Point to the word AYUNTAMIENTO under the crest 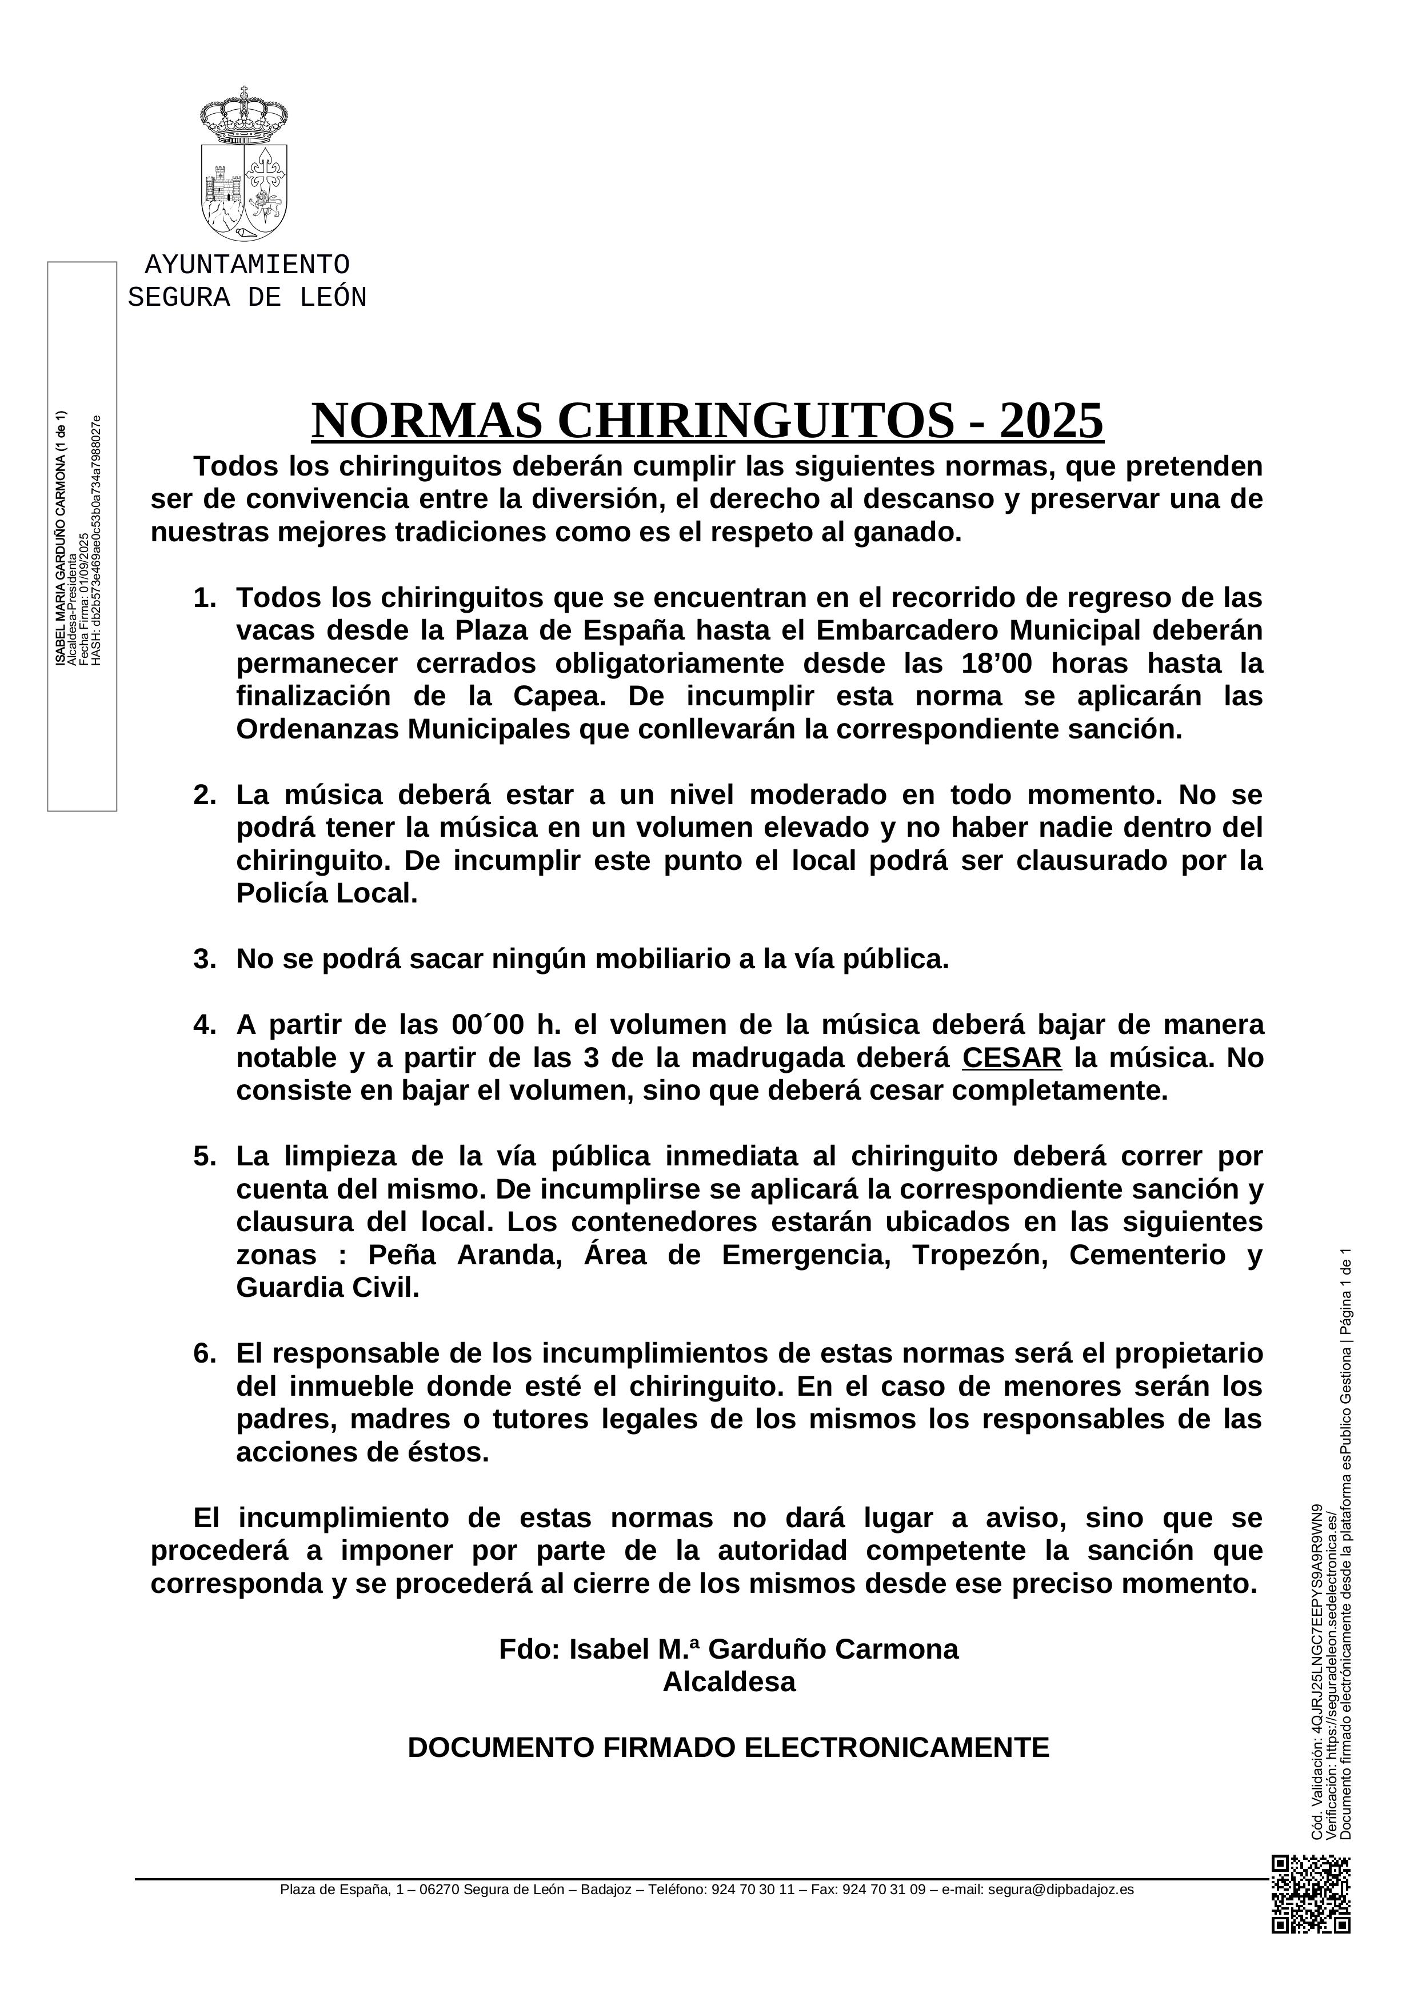(247, 265)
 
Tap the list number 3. (204, 959)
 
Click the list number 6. (204, 1353)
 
